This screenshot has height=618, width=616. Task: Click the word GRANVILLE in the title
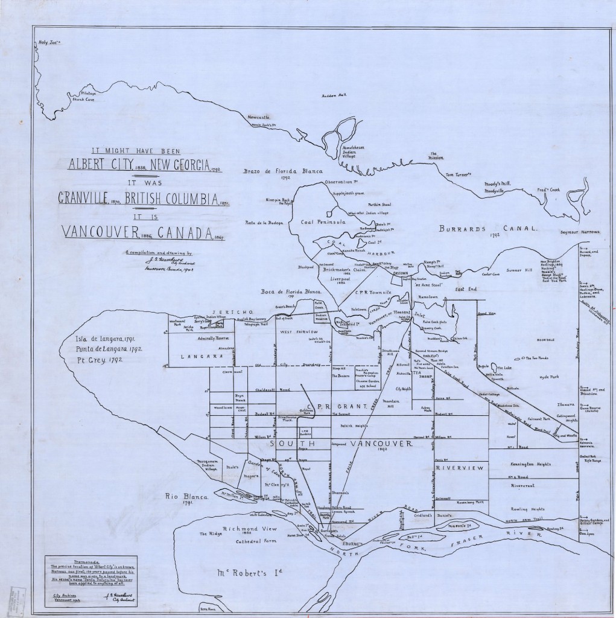coord(89,197)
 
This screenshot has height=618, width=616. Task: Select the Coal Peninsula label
coord(323,221)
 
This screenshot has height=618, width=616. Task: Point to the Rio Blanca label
coord(188,497)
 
